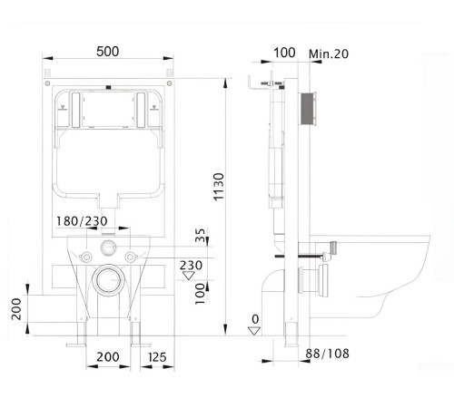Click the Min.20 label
pos(330,54)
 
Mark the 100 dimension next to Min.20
pos(284,53)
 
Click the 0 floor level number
pos(255,318)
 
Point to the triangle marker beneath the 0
pos(255,331)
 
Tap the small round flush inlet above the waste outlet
pos(107,247)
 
